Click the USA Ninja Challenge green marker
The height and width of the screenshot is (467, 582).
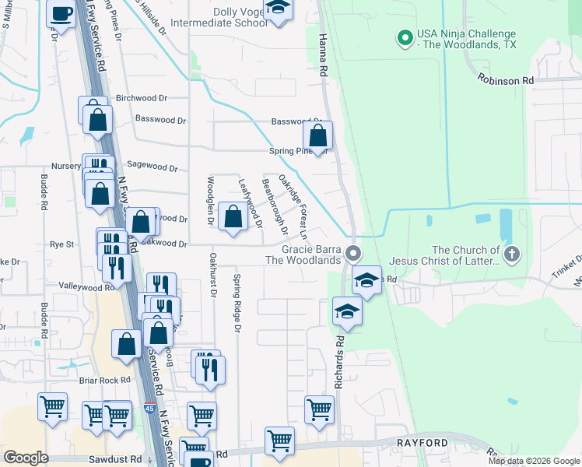[405, 37]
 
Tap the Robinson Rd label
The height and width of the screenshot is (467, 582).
[506, 80]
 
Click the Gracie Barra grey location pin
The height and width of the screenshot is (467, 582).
[354, 253]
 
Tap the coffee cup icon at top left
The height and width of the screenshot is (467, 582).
[62, 13]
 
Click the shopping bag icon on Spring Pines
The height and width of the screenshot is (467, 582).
[318, 136]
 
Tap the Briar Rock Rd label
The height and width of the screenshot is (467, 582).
[98, 381]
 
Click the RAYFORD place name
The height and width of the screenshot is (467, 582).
[422, 443]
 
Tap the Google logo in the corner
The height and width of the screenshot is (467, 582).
[26, 458]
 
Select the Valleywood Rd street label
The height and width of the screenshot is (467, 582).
[87, 286]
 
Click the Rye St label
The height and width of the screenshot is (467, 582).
[61, 244]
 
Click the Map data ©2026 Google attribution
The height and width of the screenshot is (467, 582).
[533, 461]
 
